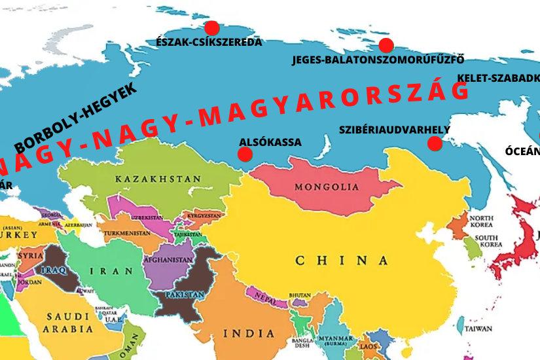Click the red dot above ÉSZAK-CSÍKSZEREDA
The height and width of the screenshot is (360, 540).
[x=211, y=28]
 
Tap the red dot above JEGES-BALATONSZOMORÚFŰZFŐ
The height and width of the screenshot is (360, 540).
[x=386, y=45]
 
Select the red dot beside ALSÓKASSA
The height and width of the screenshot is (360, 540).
[x=245, y=154]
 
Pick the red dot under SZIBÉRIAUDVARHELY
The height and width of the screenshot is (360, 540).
[x=435, y=144]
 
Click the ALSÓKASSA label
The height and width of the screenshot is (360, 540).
[x=270, y=142]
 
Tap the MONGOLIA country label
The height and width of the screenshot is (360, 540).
[x=327, y=187]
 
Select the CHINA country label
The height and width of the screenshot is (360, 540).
[x=342, y=261]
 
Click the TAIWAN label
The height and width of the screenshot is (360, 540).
[x=478, y=329]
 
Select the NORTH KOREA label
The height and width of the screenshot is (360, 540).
[x=481, y=221]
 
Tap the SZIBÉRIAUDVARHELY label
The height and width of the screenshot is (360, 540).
[x=395, y=130]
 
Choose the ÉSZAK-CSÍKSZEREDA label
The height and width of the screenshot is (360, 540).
[x=209, y=43]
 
